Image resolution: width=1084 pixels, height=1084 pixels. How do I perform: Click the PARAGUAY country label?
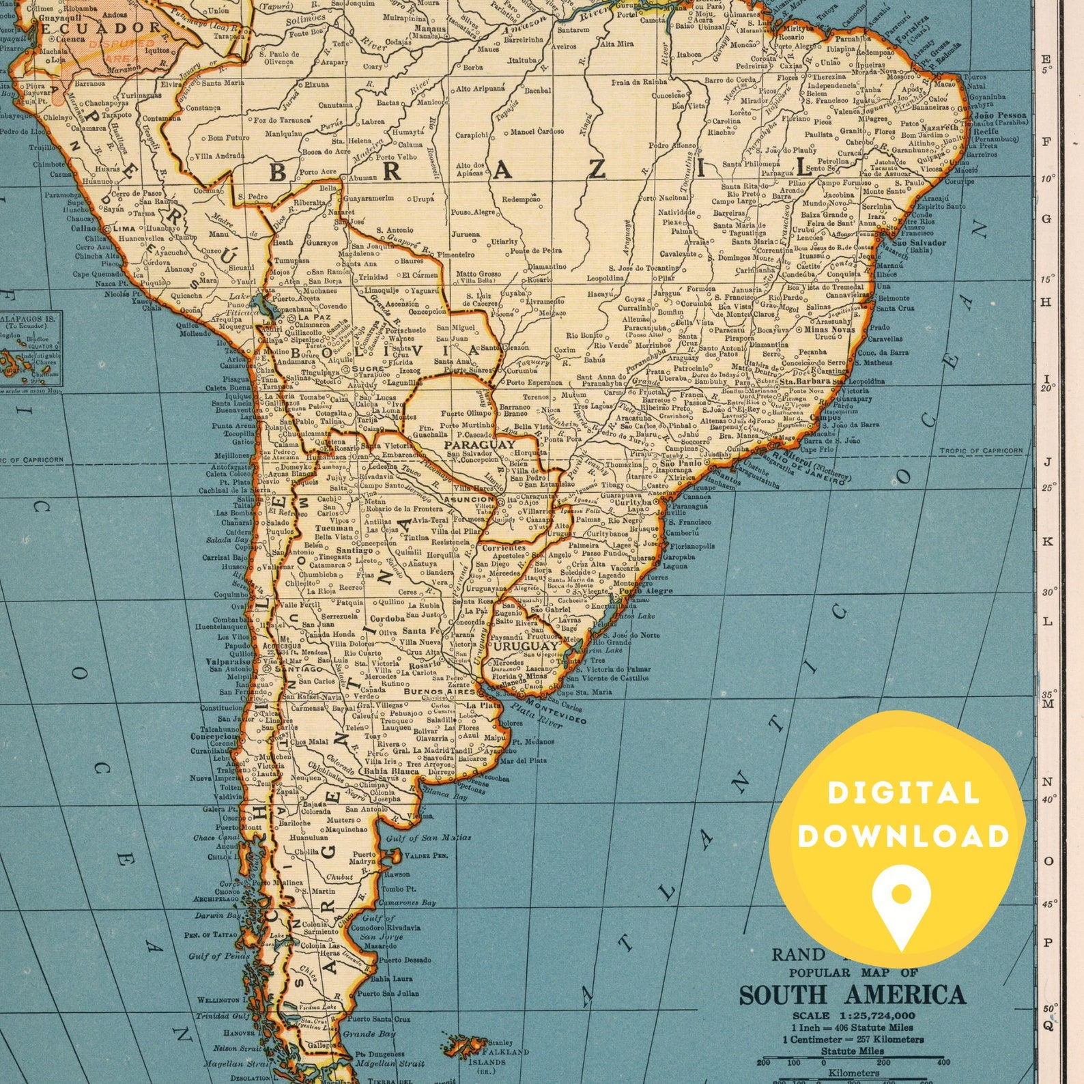tap(480, 444)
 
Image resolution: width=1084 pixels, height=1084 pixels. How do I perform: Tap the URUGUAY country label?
tap(526, 646)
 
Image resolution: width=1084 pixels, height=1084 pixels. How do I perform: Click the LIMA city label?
tap(124, 229)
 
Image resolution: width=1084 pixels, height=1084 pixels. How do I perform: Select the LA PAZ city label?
tap(314, 317)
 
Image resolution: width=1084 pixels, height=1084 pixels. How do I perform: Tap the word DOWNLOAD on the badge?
tap(903, 836)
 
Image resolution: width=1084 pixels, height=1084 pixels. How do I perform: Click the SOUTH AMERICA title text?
tap(852, 995)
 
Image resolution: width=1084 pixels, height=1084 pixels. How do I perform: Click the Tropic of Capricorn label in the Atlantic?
tap(980, 451)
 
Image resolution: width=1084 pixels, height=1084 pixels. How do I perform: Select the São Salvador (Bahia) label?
tap(918, 243)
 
